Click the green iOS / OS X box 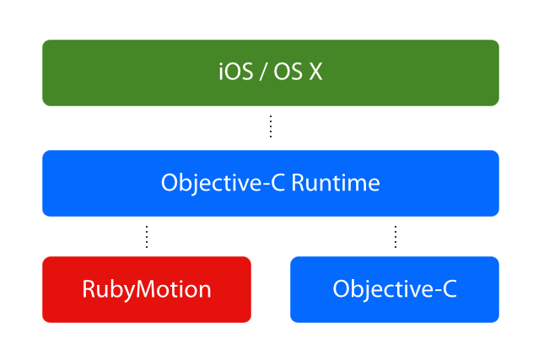pos(271,73)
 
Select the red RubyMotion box pos(147,289)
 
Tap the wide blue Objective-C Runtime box pos(271,183)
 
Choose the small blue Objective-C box pos(395,289)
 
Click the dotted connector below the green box pos(271,126)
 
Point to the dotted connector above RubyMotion pos(147,237)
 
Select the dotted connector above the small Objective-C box pos(396,237)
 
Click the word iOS pos(236,72)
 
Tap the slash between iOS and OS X pos(263,73)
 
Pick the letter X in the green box pos(315,73)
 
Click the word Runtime pos(336,183)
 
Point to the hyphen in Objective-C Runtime pos(266,185)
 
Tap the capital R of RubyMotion pos(89,289)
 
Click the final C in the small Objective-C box pos(450,289)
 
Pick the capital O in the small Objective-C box pos(342,289)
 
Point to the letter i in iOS pos(221,72)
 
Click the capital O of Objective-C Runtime pos(170,183)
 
